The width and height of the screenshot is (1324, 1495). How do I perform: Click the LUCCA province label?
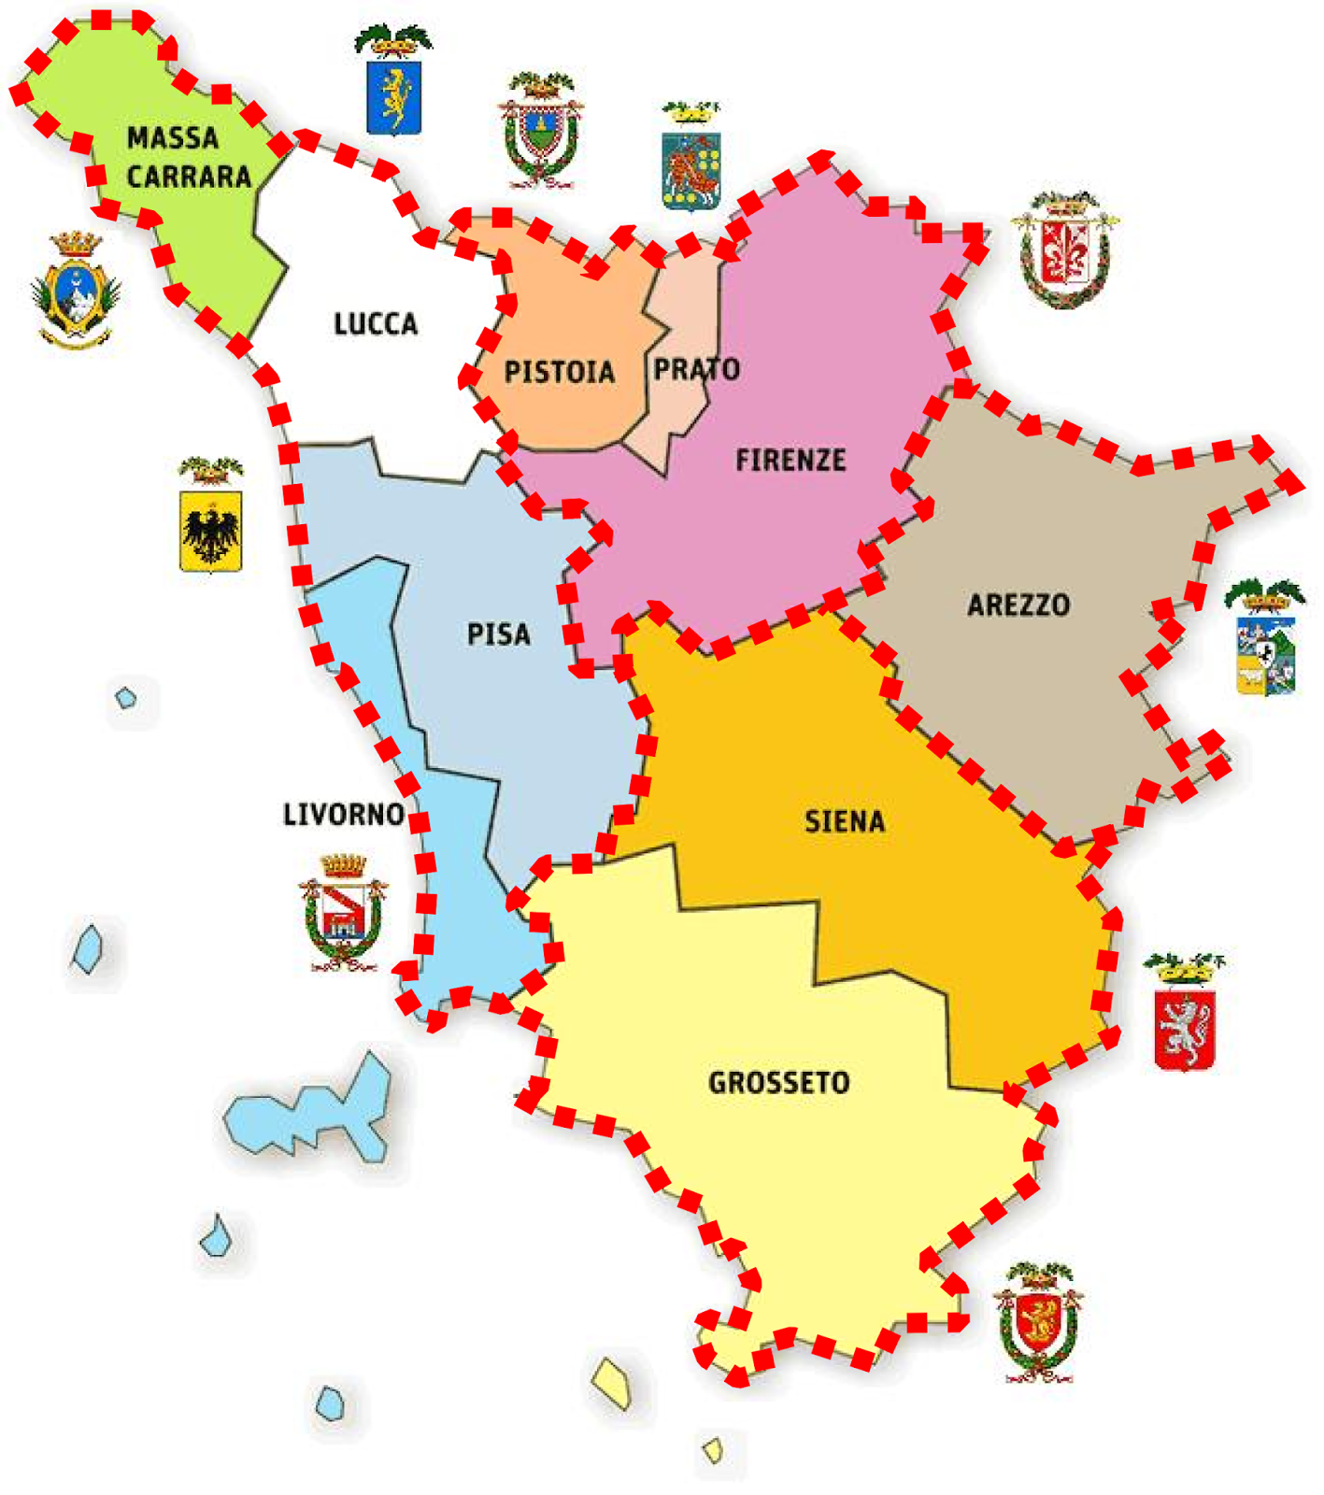coord(376,324)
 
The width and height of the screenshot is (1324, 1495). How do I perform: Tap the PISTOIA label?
coord(559,372)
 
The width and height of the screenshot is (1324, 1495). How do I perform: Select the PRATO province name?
coord(696,369)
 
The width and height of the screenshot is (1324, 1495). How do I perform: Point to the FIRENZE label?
coord(790,460)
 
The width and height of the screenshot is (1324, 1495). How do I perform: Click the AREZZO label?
coord(1018,605)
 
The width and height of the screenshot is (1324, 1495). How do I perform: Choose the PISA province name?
coord(499,634)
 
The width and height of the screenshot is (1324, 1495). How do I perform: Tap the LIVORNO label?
coord(344,814)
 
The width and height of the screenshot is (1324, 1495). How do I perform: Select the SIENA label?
coord(845,821)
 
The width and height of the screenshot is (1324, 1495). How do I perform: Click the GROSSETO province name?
coord(779,1083)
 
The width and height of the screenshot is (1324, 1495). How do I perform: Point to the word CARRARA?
coord(190,177)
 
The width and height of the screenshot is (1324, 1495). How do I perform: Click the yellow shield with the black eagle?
coord(211,530)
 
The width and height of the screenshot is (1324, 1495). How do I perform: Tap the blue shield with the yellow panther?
coord(393,96)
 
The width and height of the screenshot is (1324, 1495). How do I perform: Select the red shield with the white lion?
coord(1185,1029)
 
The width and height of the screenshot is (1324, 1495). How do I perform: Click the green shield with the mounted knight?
coord(690,169)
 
